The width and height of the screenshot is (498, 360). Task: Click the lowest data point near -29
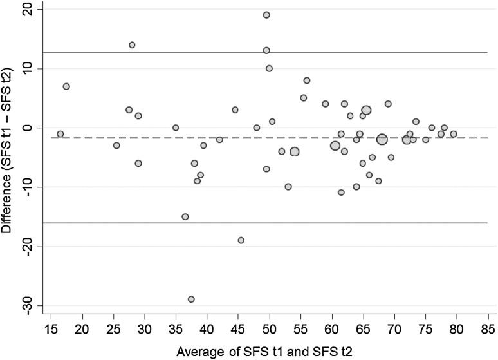point(191,299)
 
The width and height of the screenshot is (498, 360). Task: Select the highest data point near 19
point(266,15)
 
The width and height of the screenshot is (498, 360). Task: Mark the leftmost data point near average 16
point(60,134)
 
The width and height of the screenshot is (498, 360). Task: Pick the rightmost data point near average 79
point(454,134)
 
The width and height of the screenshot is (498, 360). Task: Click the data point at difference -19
point(241,240)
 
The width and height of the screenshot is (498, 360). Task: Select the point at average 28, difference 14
point(132,45)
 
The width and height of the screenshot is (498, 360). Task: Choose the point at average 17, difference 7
point(66,86)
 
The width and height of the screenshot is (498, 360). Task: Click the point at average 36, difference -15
point(185,216)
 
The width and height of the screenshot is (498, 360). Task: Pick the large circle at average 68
point(382,139)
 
